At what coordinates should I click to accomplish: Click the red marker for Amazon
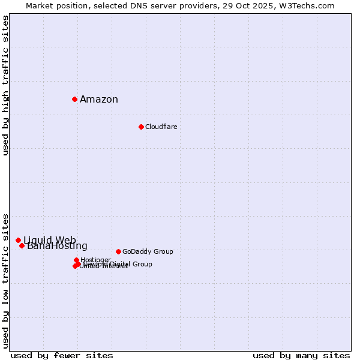coord(74,99)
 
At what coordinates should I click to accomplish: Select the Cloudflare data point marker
coord(141,127)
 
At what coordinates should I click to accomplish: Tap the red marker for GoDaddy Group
coord(118,251)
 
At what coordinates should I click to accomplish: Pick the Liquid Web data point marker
coord(18,240)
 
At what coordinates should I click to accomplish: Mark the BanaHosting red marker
coord(22,245)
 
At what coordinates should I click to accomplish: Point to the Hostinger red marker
coord(76,260)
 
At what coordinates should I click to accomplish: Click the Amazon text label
coord(99,100)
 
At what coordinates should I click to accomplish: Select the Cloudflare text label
coord(161,127)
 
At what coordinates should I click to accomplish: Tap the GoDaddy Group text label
coord(148,252)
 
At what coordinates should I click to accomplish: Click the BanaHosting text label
coord(58,246)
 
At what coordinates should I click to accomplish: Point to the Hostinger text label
coord(95,260)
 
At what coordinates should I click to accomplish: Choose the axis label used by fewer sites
coord(62,355)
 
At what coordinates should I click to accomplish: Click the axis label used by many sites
coord(301,355)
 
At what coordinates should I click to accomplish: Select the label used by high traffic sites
coord(6,85)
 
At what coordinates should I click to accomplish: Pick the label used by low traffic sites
coord(6,280)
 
